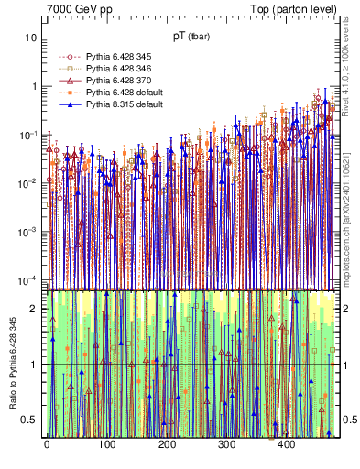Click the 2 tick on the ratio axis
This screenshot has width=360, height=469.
click(35, 309)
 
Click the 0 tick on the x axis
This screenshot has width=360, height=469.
click(47, 444)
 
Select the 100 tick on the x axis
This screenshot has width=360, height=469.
click(106, 444)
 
